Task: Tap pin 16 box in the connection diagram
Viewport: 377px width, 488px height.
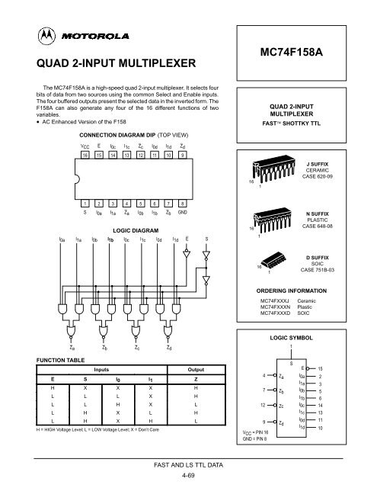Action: click(85, 155)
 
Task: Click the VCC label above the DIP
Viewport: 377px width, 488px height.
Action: click(85, 144)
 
